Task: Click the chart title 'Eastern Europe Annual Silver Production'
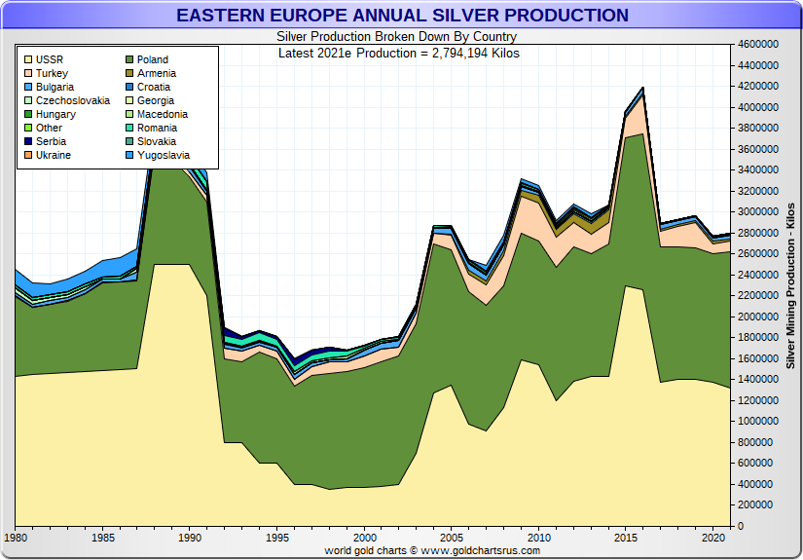pyautogui.click(x=402, y=16)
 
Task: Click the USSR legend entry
pyautogui.click(x=49, y=59)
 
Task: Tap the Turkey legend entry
pyautogui.click(x=52, y=73)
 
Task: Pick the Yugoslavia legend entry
pyautogui.click(x=163, y=155)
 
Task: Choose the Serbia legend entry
pyautogui.click(x=51, y=141)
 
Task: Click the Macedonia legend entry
pyautogui.click(x=163, y=114)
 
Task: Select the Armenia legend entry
pyautogui.click(x=157, y=73)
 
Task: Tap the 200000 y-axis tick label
pyautogui.click(x=758, y=505)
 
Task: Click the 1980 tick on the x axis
pyautogui.click(x=16, y=538)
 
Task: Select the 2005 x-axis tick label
pyautogui.click(x=452, y=538)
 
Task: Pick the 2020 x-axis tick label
pyautogui.click(x=713, y=538)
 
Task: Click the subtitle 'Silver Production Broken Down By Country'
pyautogui.click(x=397, y=37)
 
